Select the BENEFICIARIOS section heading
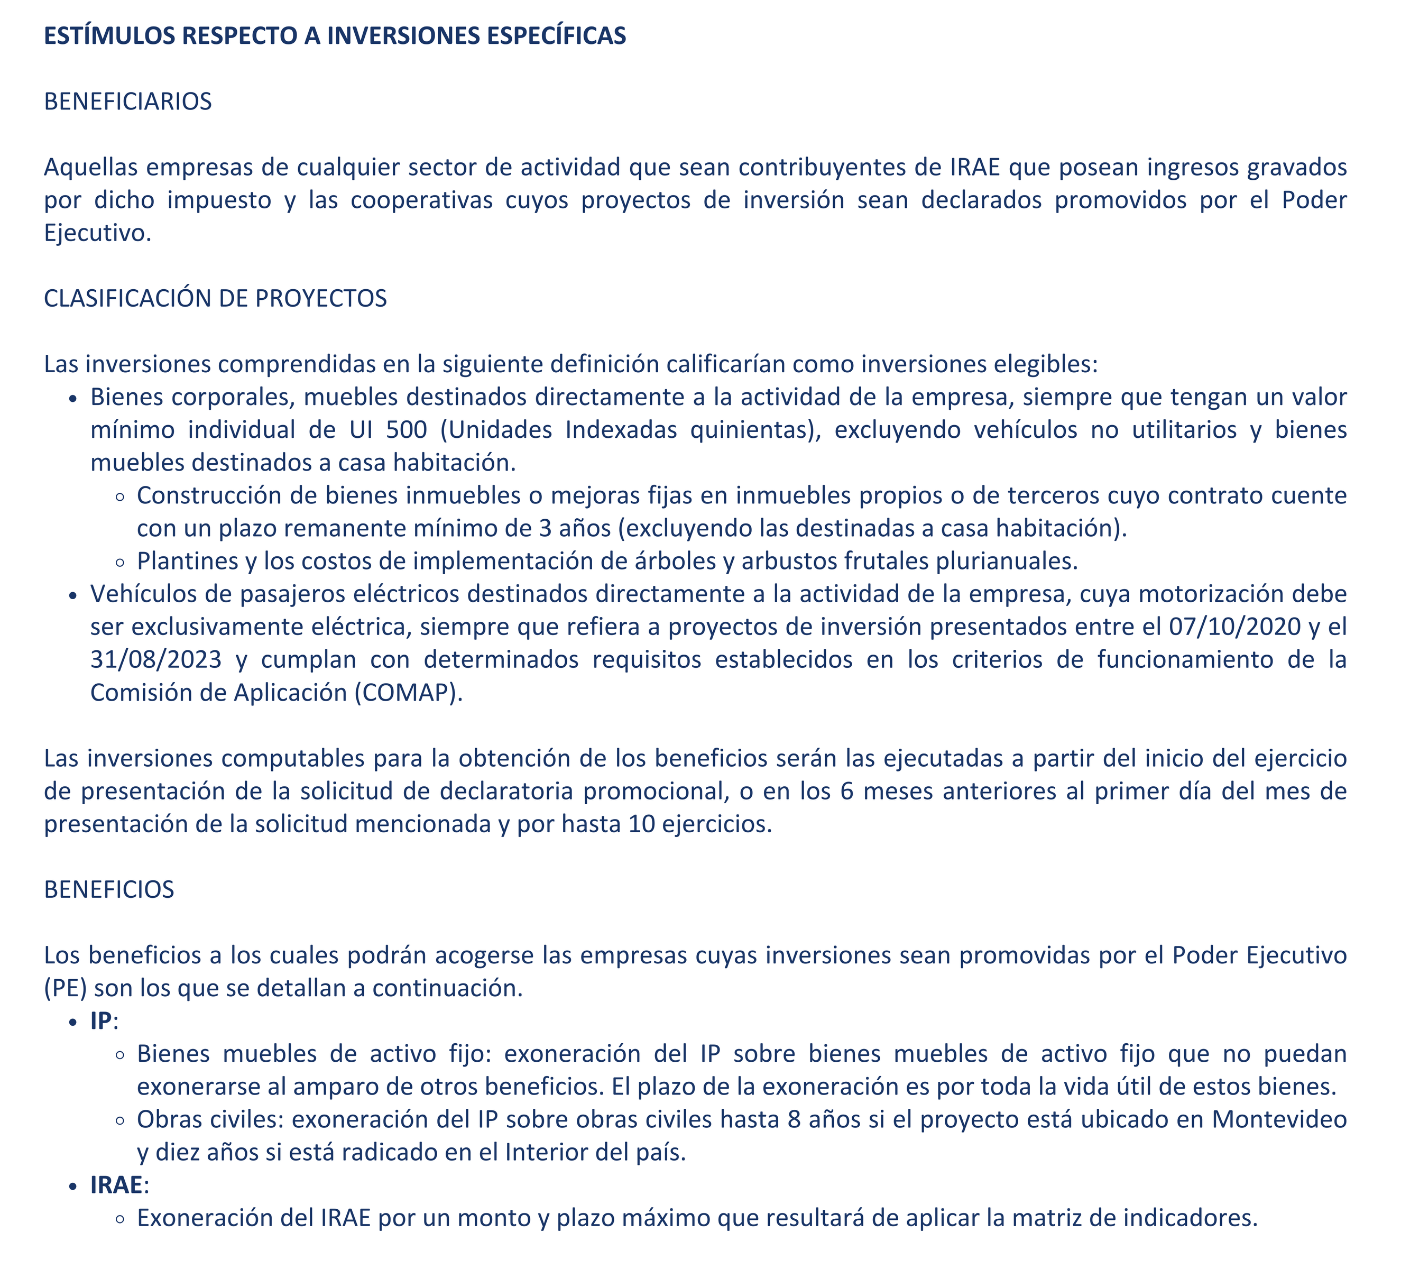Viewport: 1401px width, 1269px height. (128, 102)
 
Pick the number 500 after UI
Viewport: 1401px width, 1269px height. (407, 430)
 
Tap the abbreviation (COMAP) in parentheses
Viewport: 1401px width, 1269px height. (408, 693)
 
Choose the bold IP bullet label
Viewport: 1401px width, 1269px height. (101, 1021)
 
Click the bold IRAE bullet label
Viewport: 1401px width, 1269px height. (117, 1185)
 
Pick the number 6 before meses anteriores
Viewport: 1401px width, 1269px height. (846, 792)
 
